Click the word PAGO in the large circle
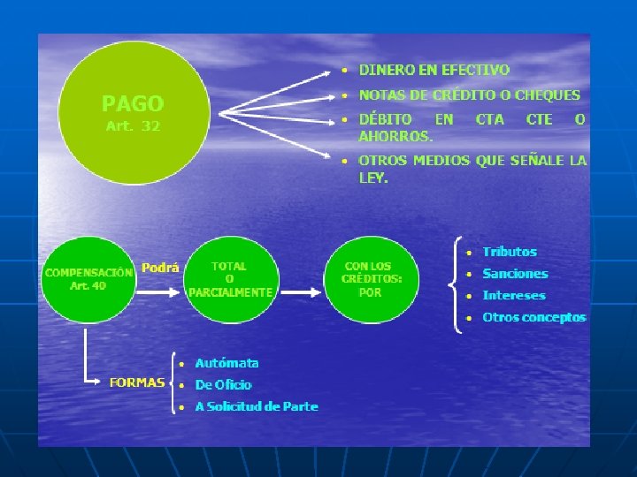[133, 103]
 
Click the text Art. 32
[133, 126]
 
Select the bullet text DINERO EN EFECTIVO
[434, 70]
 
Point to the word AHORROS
[395, 136]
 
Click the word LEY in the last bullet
[373, 178]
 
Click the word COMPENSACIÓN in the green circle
[88, 272]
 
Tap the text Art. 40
[88, 285]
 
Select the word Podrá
[160, 269]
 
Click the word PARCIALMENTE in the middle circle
[230, 292]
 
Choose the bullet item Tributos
[510, 252]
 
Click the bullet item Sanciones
[515, 274]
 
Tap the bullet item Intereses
[514, 296]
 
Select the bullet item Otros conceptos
[533, 317]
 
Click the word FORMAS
[136, 382]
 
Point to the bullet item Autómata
[226, 363]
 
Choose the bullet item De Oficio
[223, 385]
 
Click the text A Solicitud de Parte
[256, 406]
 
